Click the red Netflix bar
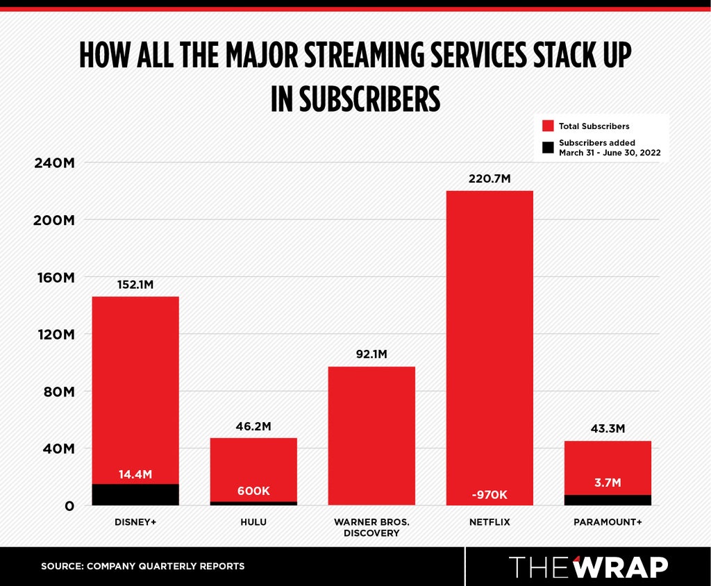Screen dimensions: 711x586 [x=490, y=347]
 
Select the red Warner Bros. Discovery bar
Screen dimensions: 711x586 [x=371, y=435]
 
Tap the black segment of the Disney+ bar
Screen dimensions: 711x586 [x=135, y=494]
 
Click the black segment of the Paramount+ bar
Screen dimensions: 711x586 [x=608, y=500]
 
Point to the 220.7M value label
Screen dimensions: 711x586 [x=490, y=178]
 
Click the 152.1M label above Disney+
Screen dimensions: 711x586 [x=135, y=285]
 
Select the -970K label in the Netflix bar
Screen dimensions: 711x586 [x=490, y=494]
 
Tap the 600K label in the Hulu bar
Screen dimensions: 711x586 [x=253, y=491]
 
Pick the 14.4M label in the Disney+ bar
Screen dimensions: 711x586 [x=135, y=474]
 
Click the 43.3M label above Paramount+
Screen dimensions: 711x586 [x=608, y=428]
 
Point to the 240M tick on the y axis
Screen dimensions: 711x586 [x=54, y=163]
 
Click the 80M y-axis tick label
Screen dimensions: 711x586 [x=59, y=392]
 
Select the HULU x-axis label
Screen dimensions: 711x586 [x=253, y=522]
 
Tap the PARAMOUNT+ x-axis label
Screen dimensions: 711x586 [x=608, y=522]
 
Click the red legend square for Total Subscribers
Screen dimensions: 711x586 [x=548, y=126]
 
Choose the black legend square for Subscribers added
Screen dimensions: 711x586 [x=548, y=147]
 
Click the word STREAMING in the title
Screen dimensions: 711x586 [x=364, y=56]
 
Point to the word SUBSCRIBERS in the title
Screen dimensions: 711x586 [x=369, y=99]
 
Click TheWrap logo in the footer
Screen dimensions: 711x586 [x=588, y=567]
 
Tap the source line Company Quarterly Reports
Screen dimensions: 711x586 [x=143, y=566]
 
